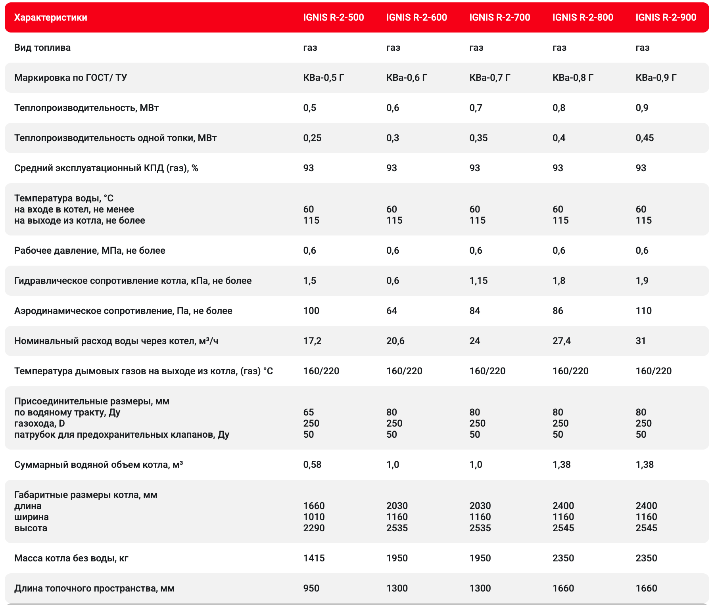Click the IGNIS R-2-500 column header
click(x=333, y=17)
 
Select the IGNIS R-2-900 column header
click(x=666, y=17)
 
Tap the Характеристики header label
click(x=51, y=17)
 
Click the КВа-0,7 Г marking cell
click(x=489, y=78)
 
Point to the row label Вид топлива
click(x=42, y=48)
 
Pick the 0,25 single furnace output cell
click(x=312, y=138)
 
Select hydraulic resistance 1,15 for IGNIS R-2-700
click(x=478, y=281)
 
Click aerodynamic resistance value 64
click(x=392, y=311)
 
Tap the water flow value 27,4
click(x=561, y=341)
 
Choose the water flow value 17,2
click(x=312, y=341)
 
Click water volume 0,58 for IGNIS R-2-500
click(x=312, y=465)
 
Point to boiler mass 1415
click(x=314, y=558)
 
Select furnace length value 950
click(x=311, y=588)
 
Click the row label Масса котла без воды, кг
click(x=71, y=558)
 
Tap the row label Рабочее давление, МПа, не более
click(x=90, y=251)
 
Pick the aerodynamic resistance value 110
click(x=643, y=311)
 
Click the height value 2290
click(x=314, y=528)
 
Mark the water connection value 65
click(x=308, y=412)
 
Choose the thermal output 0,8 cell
click(x=559, y=108)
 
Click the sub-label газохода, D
click(x=40, y=423)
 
